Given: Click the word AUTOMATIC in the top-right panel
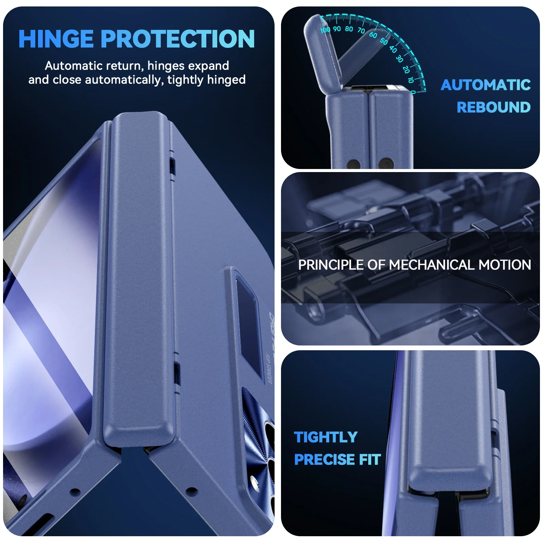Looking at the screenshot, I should point(485,85).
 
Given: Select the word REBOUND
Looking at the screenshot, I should point(493,107).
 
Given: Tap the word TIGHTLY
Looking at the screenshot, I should point(325,437).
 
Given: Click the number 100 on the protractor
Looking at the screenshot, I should point(325,30).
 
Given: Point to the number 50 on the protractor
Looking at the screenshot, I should point(384,41).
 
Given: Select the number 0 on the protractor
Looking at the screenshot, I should point(413,92).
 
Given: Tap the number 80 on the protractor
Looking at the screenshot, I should point(349,29).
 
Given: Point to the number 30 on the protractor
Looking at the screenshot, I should point(399,59).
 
